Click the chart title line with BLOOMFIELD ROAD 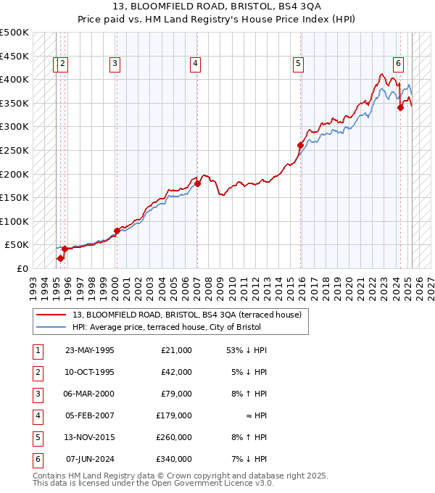(x=217, y=7)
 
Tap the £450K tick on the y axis (x=14, y=56)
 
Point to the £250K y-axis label (x=14, y=150)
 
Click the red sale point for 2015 (x=300, y=145)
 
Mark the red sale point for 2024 (x=400, y=107)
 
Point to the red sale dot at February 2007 (x=197, y=183)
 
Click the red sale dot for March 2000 (x=117, y=231)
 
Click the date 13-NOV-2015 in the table (x=90, y=437)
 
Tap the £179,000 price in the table (x=174, y=415)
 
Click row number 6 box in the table (x=36, y=459)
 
